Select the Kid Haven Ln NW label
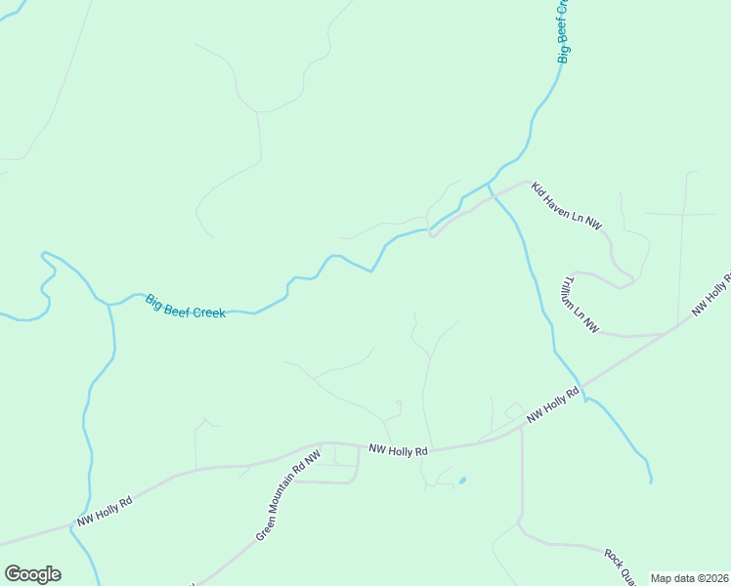pyautogui.click(x=567, y=206)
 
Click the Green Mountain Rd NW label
pyautogui.click(x=288, y=496)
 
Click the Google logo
pyautogui.click(x=32, y=574)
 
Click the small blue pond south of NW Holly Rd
pyautogui.click(x=461, y=481)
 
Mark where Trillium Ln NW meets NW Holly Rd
pyautogui.click(x=666, y=333)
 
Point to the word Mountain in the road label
pyautogui.click(x=283, y=501)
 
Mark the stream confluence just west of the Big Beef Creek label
pyautogui.click(x=107, y=304)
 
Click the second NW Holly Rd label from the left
pyautogui.click(x=399, y=450)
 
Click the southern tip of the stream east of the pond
pyautogui.click(x=650, y=481)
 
